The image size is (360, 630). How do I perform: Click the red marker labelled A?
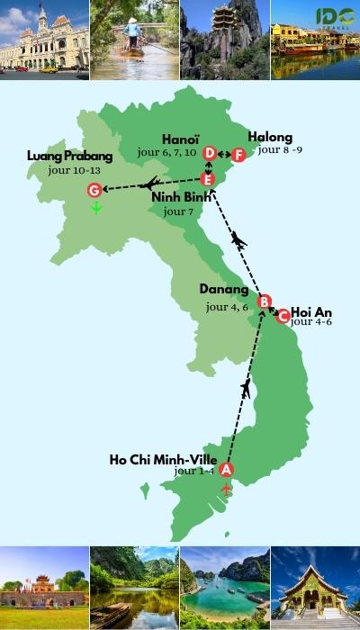tap(226, 469)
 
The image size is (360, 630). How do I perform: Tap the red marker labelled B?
tap(265, 301)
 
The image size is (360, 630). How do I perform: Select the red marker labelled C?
tap(283, 316)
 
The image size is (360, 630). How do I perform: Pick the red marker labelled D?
tap(210, 154)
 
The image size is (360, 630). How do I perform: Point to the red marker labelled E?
tap(208, 178)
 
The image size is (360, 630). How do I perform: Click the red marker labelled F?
tap(238, 155)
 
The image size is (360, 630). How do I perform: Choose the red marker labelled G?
tap(94, 190)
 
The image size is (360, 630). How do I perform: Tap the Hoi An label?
tap(312, 312)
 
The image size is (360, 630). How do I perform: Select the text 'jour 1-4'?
tap(195, 471)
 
